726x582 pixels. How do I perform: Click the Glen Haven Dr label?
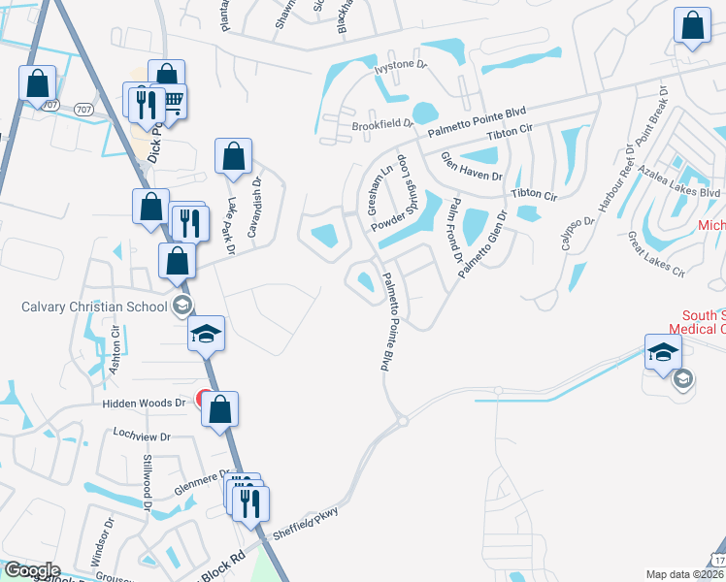coord(472,166)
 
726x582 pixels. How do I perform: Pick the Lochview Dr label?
coord(142,436)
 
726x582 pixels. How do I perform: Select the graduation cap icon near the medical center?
coord(662,351)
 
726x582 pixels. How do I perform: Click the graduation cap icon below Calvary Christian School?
coord(206,334)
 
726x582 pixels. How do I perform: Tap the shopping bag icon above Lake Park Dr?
coord(234,156)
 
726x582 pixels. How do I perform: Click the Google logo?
coord(32,570)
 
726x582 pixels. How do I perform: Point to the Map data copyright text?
coord(684,574)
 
